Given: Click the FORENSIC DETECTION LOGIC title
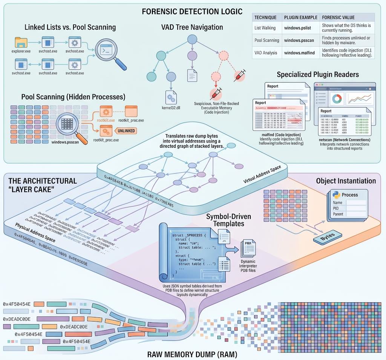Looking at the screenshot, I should [x=192, y=11].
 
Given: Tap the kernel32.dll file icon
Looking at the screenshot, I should [x=170, y=95].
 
